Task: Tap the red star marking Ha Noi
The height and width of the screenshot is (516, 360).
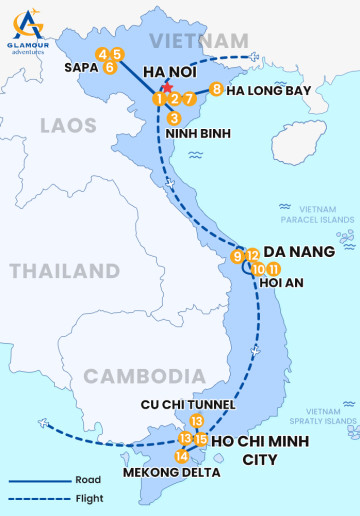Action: pos(166,89)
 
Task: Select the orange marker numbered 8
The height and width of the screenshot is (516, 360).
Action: pos(217,90)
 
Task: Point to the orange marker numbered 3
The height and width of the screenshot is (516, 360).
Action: pos(174,118)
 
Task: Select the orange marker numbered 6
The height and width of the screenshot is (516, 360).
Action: pos(110,68)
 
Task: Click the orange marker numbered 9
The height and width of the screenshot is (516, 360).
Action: pos(237,257)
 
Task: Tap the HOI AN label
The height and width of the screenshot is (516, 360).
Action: pos(281,283)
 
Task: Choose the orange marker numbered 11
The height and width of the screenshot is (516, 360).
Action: pos(273,269)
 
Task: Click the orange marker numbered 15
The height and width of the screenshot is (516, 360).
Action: pos(201,439)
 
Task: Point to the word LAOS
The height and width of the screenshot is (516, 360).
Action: pos(68,125)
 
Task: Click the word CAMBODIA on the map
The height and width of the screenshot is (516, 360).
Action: pos(132,376)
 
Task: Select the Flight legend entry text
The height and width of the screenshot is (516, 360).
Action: pos(89,497)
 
